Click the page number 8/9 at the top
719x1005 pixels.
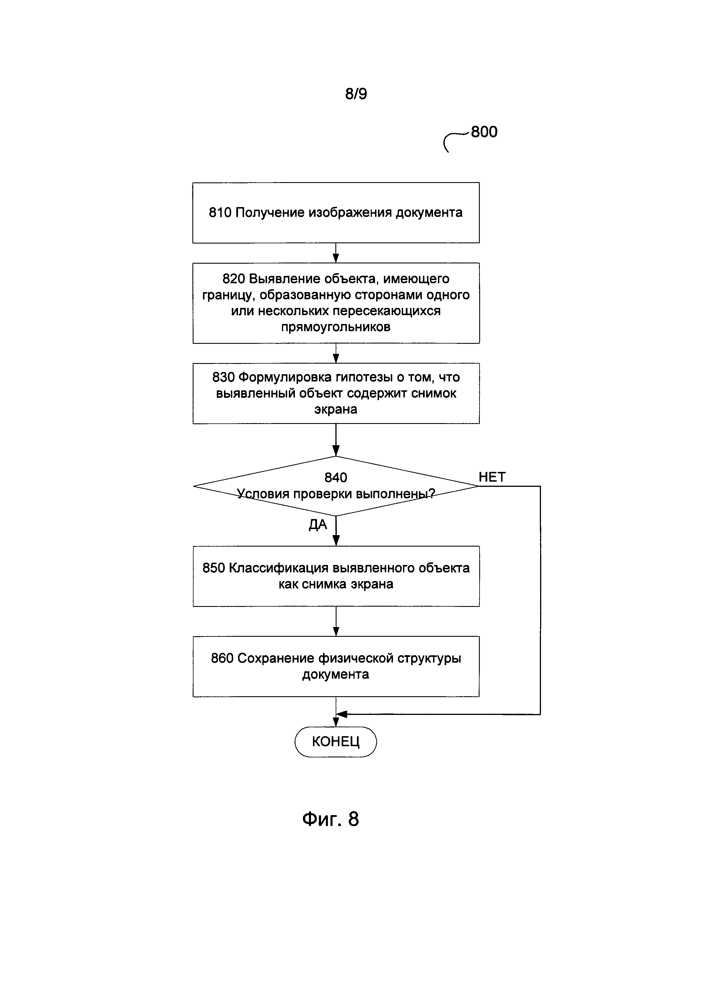[356, 94]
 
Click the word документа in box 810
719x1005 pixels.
[429, 213]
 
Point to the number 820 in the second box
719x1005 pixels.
[234, 279]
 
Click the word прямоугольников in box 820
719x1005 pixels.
[336, 327]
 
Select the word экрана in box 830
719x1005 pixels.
[336, 410]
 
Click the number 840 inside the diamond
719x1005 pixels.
[336, 477]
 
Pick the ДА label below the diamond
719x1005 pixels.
[318, 525]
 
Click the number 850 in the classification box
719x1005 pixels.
[214, 568]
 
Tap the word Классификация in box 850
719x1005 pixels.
[279, 568]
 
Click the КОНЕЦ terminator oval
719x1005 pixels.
[336, 742]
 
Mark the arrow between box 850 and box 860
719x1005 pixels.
[336, 622]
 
